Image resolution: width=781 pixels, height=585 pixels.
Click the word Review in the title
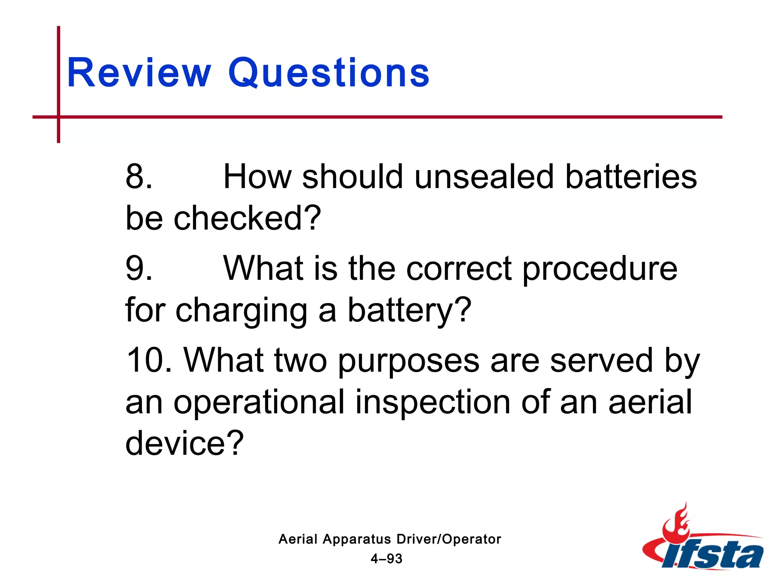click(x=139, y=73)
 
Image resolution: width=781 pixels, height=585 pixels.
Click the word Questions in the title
click(x=329, y=73)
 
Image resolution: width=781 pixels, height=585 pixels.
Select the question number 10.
click(x=149, y=360)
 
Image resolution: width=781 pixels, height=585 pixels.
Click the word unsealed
click(x=484, y=177)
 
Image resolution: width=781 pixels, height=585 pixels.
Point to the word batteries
click(x=631, y=177)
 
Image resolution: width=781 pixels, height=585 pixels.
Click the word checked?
click(x=247, y=218)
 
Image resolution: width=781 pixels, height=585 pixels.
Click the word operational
click(x=259, y=402)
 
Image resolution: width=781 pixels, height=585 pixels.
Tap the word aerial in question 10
click(x=650, y=402)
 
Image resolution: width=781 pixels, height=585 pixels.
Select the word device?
click(x=184, y=443)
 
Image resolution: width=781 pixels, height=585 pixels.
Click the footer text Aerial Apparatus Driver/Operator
click(x=390, y=539)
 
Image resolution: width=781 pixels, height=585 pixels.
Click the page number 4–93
click(x=386, y=559)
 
